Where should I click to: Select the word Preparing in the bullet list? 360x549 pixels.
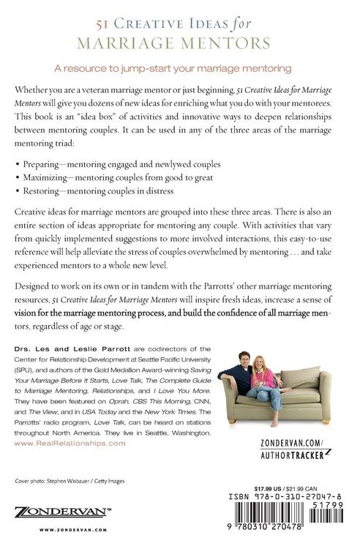tap(42, 166)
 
